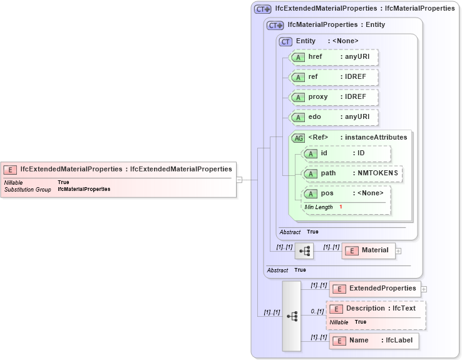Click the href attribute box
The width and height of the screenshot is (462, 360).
tap(334, 57)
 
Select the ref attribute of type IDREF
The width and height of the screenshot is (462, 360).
tap(334, 77)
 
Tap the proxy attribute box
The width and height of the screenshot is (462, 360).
tap(334, 97)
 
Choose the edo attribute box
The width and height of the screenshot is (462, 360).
tap(334, 117)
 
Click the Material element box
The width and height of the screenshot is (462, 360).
tap(369, 250)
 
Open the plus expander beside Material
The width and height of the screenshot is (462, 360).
tap(398, 251)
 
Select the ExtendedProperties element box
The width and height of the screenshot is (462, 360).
tap(375, 289)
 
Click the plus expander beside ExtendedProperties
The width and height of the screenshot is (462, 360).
tap(424, 289)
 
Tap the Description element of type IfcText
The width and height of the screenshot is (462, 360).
tap(376, 309)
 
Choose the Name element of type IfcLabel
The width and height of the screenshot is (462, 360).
tap(374, 341)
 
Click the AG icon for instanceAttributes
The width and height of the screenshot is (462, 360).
tap(299, 138)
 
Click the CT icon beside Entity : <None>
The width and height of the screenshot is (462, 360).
tap(286, 41)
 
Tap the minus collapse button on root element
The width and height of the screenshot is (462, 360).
tap(239, 180)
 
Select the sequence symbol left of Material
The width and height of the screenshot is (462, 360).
tap(304, 250)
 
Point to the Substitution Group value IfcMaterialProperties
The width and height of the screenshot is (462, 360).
tap(84, 189)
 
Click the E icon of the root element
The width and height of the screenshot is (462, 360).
tap(10, 169)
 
